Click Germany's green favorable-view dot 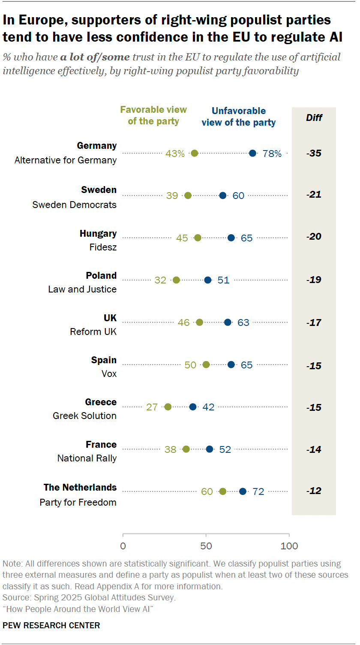tap(194, 153)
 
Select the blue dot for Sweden tap(223, 196)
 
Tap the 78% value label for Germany tap(272, 154)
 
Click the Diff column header tap(314, 118)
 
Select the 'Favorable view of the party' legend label tap(153, 115)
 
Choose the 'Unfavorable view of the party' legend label tap(239, 117)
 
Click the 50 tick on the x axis tap(206, 546)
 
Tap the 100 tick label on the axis tap(289, 546)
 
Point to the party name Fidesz tap(103, 247)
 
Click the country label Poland tap(101, 275)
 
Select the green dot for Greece tap(168, 407)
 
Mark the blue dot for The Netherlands tap(243, 491)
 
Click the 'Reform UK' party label tap(93, 332)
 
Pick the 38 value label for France tap(170, 449)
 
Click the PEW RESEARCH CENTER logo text tap(51, 625)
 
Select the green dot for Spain tap(206, 365)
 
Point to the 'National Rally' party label tap(87, 458)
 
